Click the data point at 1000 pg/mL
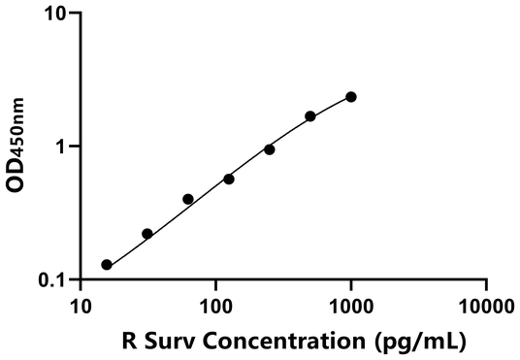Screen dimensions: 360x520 351,97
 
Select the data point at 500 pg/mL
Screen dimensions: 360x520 310,116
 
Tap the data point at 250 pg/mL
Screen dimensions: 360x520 270,149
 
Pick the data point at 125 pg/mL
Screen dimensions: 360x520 229,179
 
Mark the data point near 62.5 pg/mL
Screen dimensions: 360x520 188,199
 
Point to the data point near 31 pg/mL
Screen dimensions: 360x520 147,234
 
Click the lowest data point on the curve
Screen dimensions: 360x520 107,265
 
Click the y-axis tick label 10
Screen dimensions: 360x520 56,14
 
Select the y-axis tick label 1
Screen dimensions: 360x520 62,147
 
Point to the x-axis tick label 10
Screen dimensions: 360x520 81,308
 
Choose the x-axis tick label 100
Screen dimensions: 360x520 215,308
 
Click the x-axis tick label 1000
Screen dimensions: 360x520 350,308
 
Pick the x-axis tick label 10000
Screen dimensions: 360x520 484,308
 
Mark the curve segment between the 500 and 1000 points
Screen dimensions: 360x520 332,106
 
